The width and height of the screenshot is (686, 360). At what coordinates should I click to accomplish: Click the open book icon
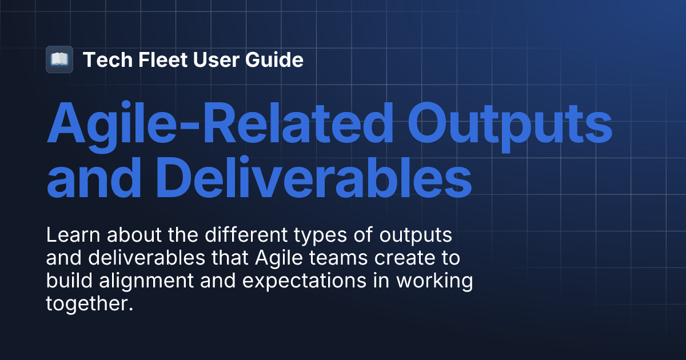(x=59, y=59)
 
